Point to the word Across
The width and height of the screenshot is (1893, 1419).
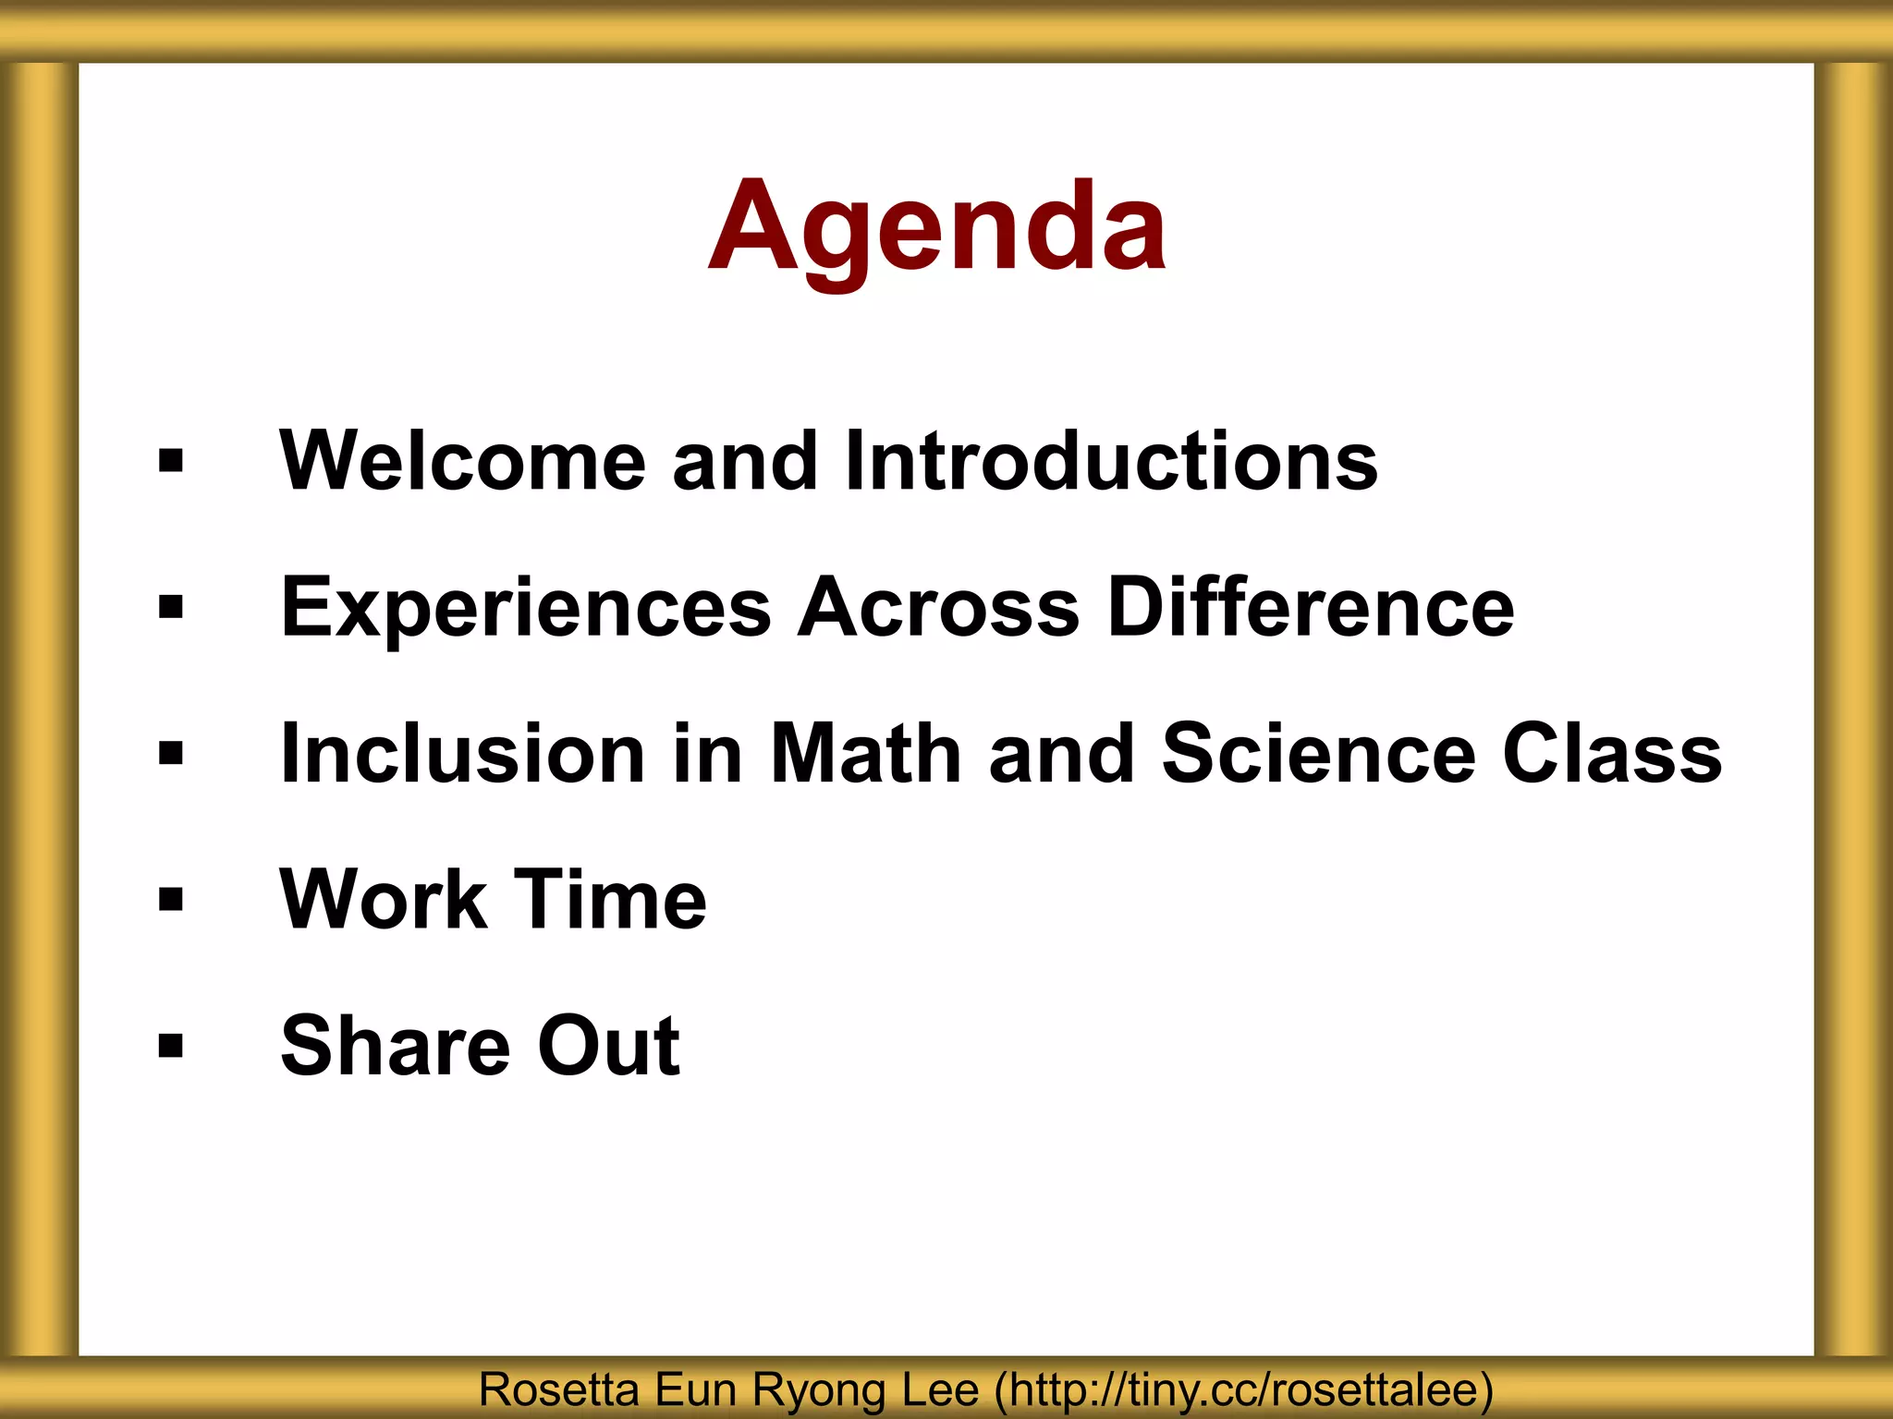tap(938, 607)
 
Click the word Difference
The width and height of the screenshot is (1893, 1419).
tap(1311, 607)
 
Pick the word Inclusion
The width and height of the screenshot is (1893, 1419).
tap(463, 753)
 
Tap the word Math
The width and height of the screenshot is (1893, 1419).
tap(866, 753)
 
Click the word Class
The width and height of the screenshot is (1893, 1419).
tap(1612, 753)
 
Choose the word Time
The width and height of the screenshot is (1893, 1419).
tap(610, 899)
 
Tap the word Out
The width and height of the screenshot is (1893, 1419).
tap(609, 1045)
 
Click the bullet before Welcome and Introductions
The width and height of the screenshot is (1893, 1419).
tap(171, 460)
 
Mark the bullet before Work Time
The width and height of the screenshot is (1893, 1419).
tap(171, 899)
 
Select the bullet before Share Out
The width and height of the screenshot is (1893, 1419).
tap(171, 1045)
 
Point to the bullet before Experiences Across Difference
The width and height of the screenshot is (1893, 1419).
tap(171, 607)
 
